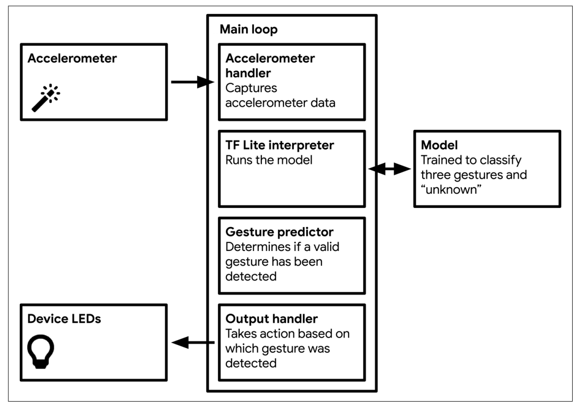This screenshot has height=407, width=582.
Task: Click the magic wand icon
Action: point(46,98)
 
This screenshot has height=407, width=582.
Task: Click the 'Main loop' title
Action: point(248,29)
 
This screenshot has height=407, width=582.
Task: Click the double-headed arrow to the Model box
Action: point(390,169)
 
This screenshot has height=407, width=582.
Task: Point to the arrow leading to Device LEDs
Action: point(192,342)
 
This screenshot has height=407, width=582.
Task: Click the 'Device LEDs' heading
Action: point(64,319)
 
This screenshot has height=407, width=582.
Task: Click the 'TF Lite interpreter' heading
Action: point(280,146)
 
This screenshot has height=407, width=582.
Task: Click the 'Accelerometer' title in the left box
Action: point(72,58)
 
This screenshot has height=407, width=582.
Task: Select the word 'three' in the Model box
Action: point(436,175)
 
